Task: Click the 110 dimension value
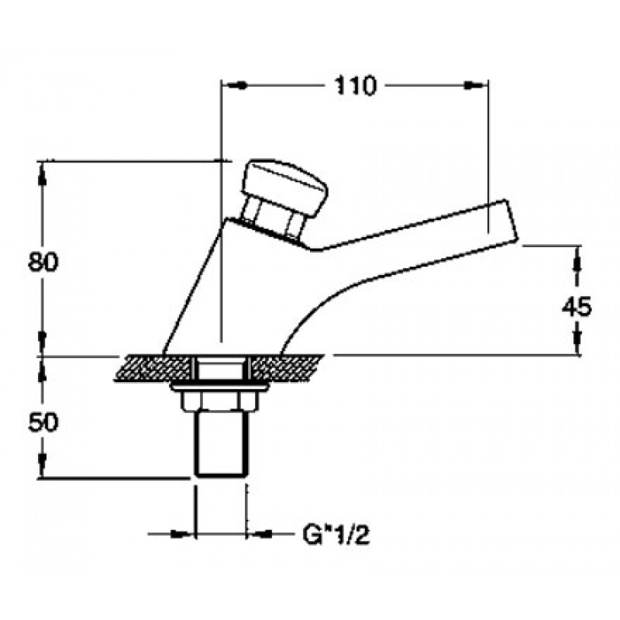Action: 355,86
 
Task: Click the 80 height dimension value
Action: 43,261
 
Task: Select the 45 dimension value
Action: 577,306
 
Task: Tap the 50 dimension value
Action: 43,422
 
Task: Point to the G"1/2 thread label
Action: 336,536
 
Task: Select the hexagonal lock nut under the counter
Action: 219,401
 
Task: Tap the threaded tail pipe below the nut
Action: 221,443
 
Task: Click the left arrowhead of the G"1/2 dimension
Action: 179,534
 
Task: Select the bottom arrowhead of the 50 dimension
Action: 42,463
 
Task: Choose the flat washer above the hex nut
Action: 220,387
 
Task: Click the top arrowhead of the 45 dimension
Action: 577,262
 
